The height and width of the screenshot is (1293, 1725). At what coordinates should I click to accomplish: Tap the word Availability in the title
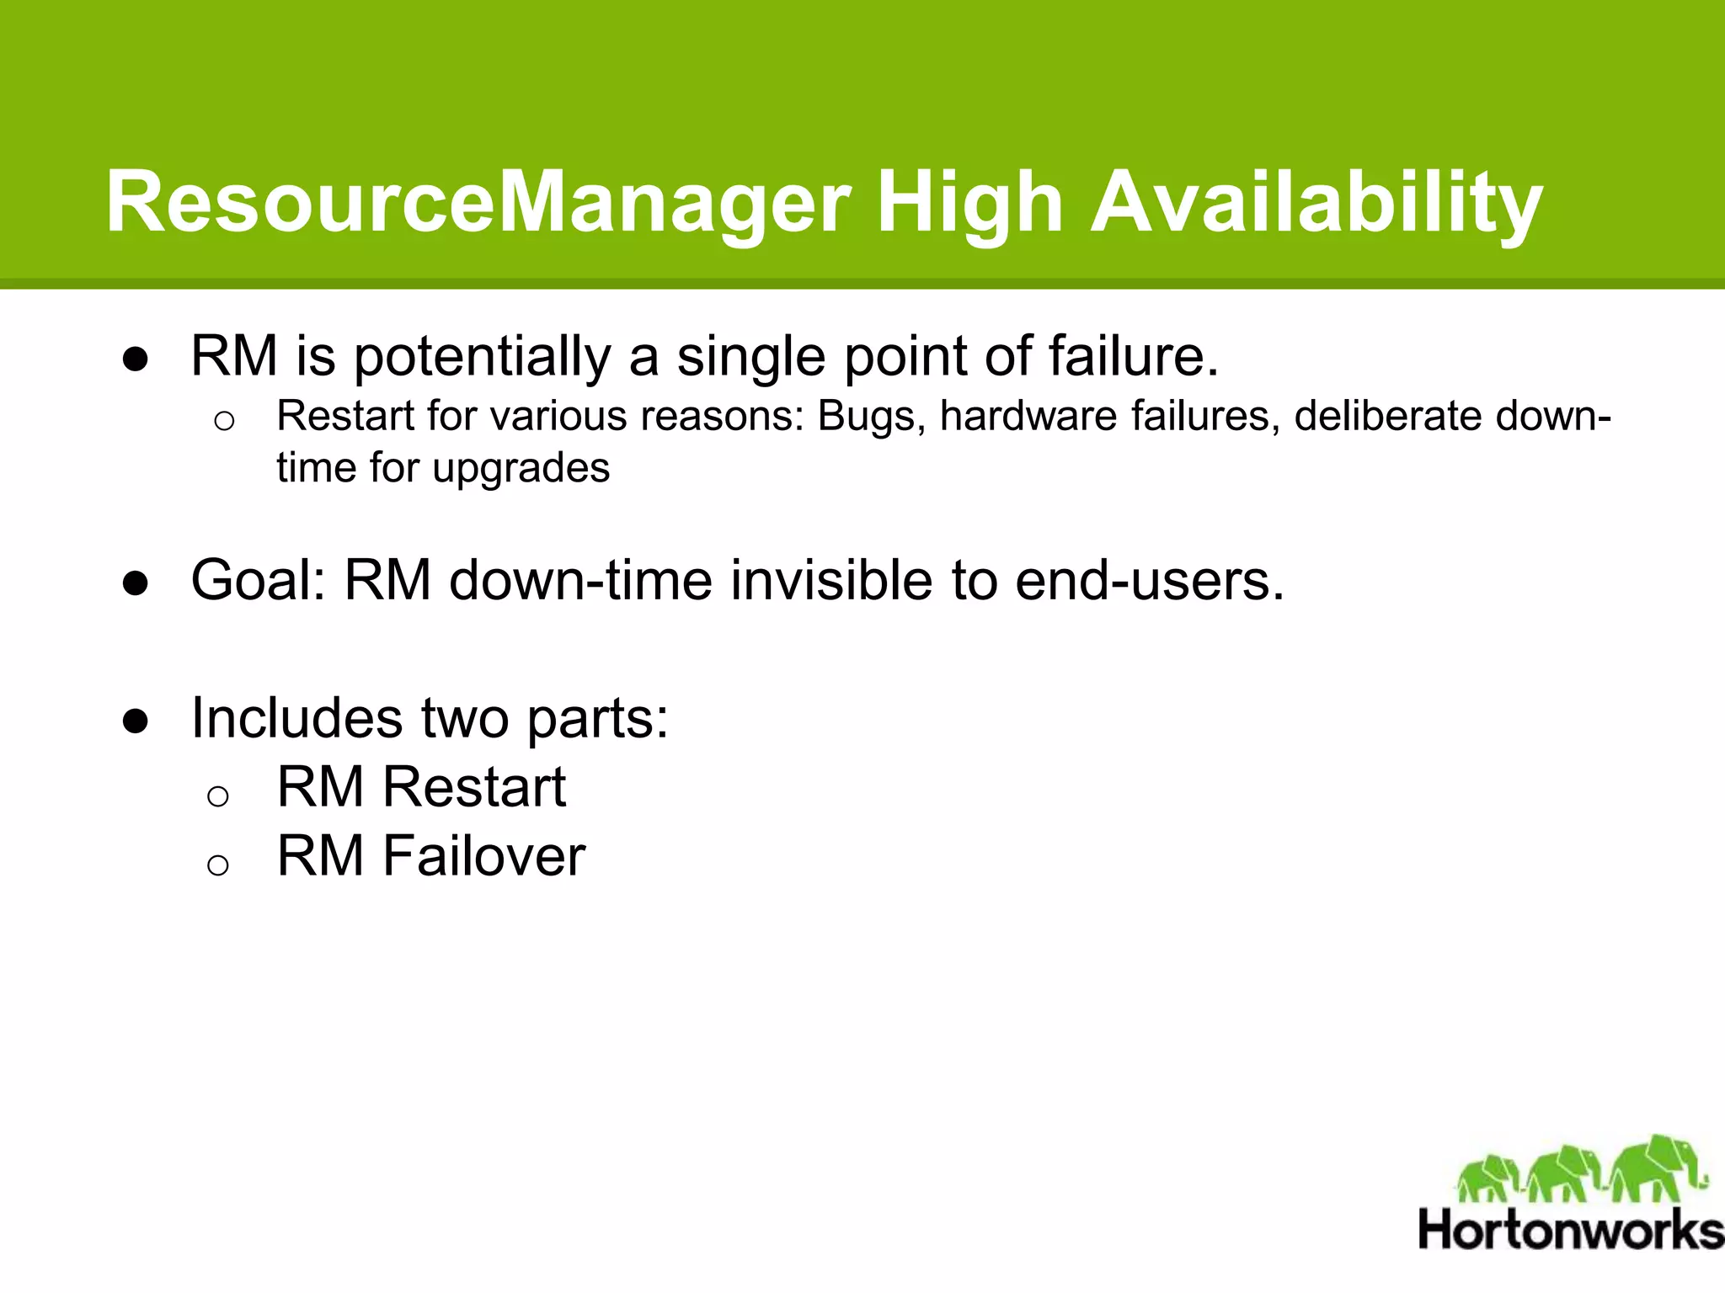(1316, 203)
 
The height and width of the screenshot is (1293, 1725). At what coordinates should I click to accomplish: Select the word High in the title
(969, 203)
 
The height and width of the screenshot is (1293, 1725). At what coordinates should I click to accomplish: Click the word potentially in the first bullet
(481, 357)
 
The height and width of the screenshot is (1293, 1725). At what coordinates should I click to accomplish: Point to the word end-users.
(1150, 581)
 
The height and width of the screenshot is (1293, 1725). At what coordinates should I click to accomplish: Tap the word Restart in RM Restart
(473, 787)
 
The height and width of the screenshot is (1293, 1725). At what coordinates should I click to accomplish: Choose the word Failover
(483, 856)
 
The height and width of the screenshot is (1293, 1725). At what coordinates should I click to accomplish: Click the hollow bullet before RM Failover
(218, 865)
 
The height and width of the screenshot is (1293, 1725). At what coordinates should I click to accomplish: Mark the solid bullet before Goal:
(136, 583)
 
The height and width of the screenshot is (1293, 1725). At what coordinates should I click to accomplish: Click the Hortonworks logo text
(1570, 1230)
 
